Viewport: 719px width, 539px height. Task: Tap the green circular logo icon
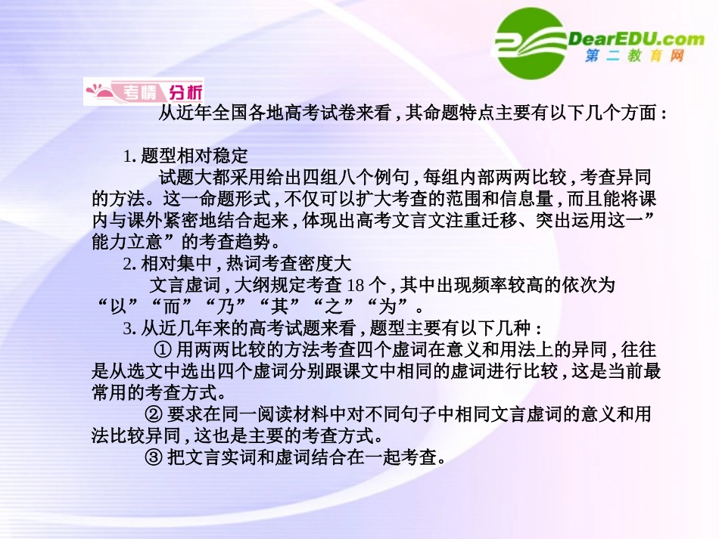coord(531,43)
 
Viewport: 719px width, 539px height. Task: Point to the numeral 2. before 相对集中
coord(129,265)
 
